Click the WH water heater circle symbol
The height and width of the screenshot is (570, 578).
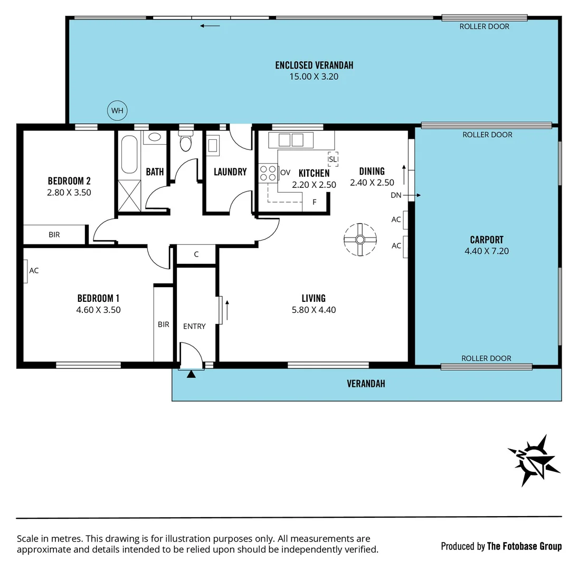point(118,111)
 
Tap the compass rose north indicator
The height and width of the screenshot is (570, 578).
point(533,460)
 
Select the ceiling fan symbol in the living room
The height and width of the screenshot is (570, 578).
point(360,240)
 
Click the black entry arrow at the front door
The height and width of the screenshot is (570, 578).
point(191,374)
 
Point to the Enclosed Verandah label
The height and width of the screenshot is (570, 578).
point(314,65)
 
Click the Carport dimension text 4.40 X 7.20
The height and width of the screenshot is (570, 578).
point(486,251)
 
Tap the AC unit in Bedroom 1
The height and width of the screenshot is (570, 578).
point(26,271)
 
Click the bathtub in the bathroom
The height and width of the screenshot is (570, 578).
point(129,155)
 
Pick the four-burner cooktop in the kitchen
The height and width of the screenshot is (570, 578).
point(268,173)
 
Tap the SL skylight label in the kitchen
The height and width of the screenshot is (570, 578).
point(333,159)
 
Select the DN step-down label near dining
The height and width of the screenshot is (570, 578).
point(396,195)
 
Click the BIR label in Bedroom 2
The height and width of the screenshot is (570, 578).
point(54,235)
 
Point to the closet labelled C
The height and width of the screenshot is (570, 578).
point(196,254)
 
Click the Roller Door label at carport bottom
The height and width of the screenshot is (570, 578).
point(486,358)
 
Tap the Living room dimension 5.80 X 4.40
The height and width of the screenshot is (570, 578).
point(314,310)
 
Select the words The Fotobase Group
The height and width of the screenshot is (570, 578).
point(524,546)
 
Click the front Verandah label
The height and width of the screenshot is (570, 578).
point(366,384)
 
